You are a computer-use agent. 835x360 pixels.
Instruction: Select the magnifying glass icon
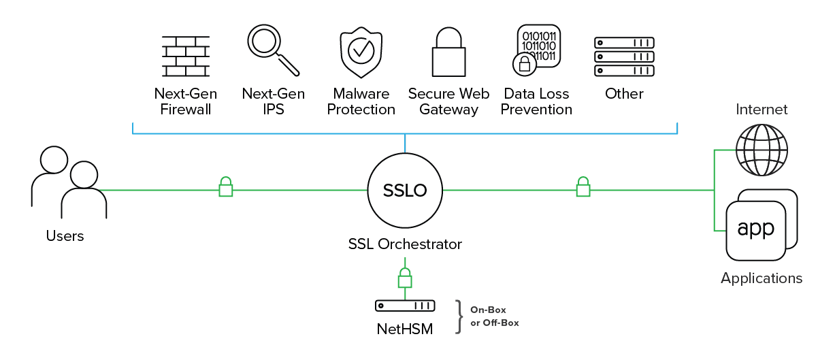coord(273,50)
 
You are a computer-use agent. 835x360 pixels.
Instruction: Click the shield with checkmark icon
coord(360,52)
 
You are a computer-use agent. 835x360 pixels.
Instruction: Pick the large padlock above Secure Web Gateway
coord(448,52)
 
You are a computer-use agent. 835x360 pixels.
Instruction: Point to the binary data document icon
coord(536,48)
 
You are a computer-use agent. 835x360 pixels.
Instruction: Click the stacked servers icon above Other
coord(624,56)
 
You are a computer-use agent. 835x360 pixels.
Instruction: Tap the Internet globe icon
coord(762,150)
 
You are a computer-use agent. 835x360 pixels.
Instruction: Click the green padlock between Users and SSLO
coord(225,187)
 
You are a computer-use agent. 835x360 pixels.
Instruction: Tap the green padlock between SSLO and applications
coord(583,187)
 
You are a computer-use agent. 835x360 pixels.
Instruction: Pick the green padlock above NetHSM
coord(405,278)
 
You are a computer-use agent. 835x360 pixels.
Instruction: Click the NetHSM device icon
coord(405,306)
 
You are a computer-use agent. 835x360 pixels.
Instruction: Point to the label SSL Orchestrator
coord(405,244)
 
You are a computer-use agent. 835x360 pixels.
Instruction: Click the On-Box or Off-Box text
coord(494,316)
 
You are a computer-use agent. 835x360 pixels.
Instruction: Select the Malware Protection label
coord(361,101)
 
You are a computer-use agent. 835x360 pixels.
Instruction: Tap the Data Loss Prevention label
coord(536,101)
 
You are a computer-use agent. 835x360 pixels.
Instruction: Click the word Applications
coord(762,278)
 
